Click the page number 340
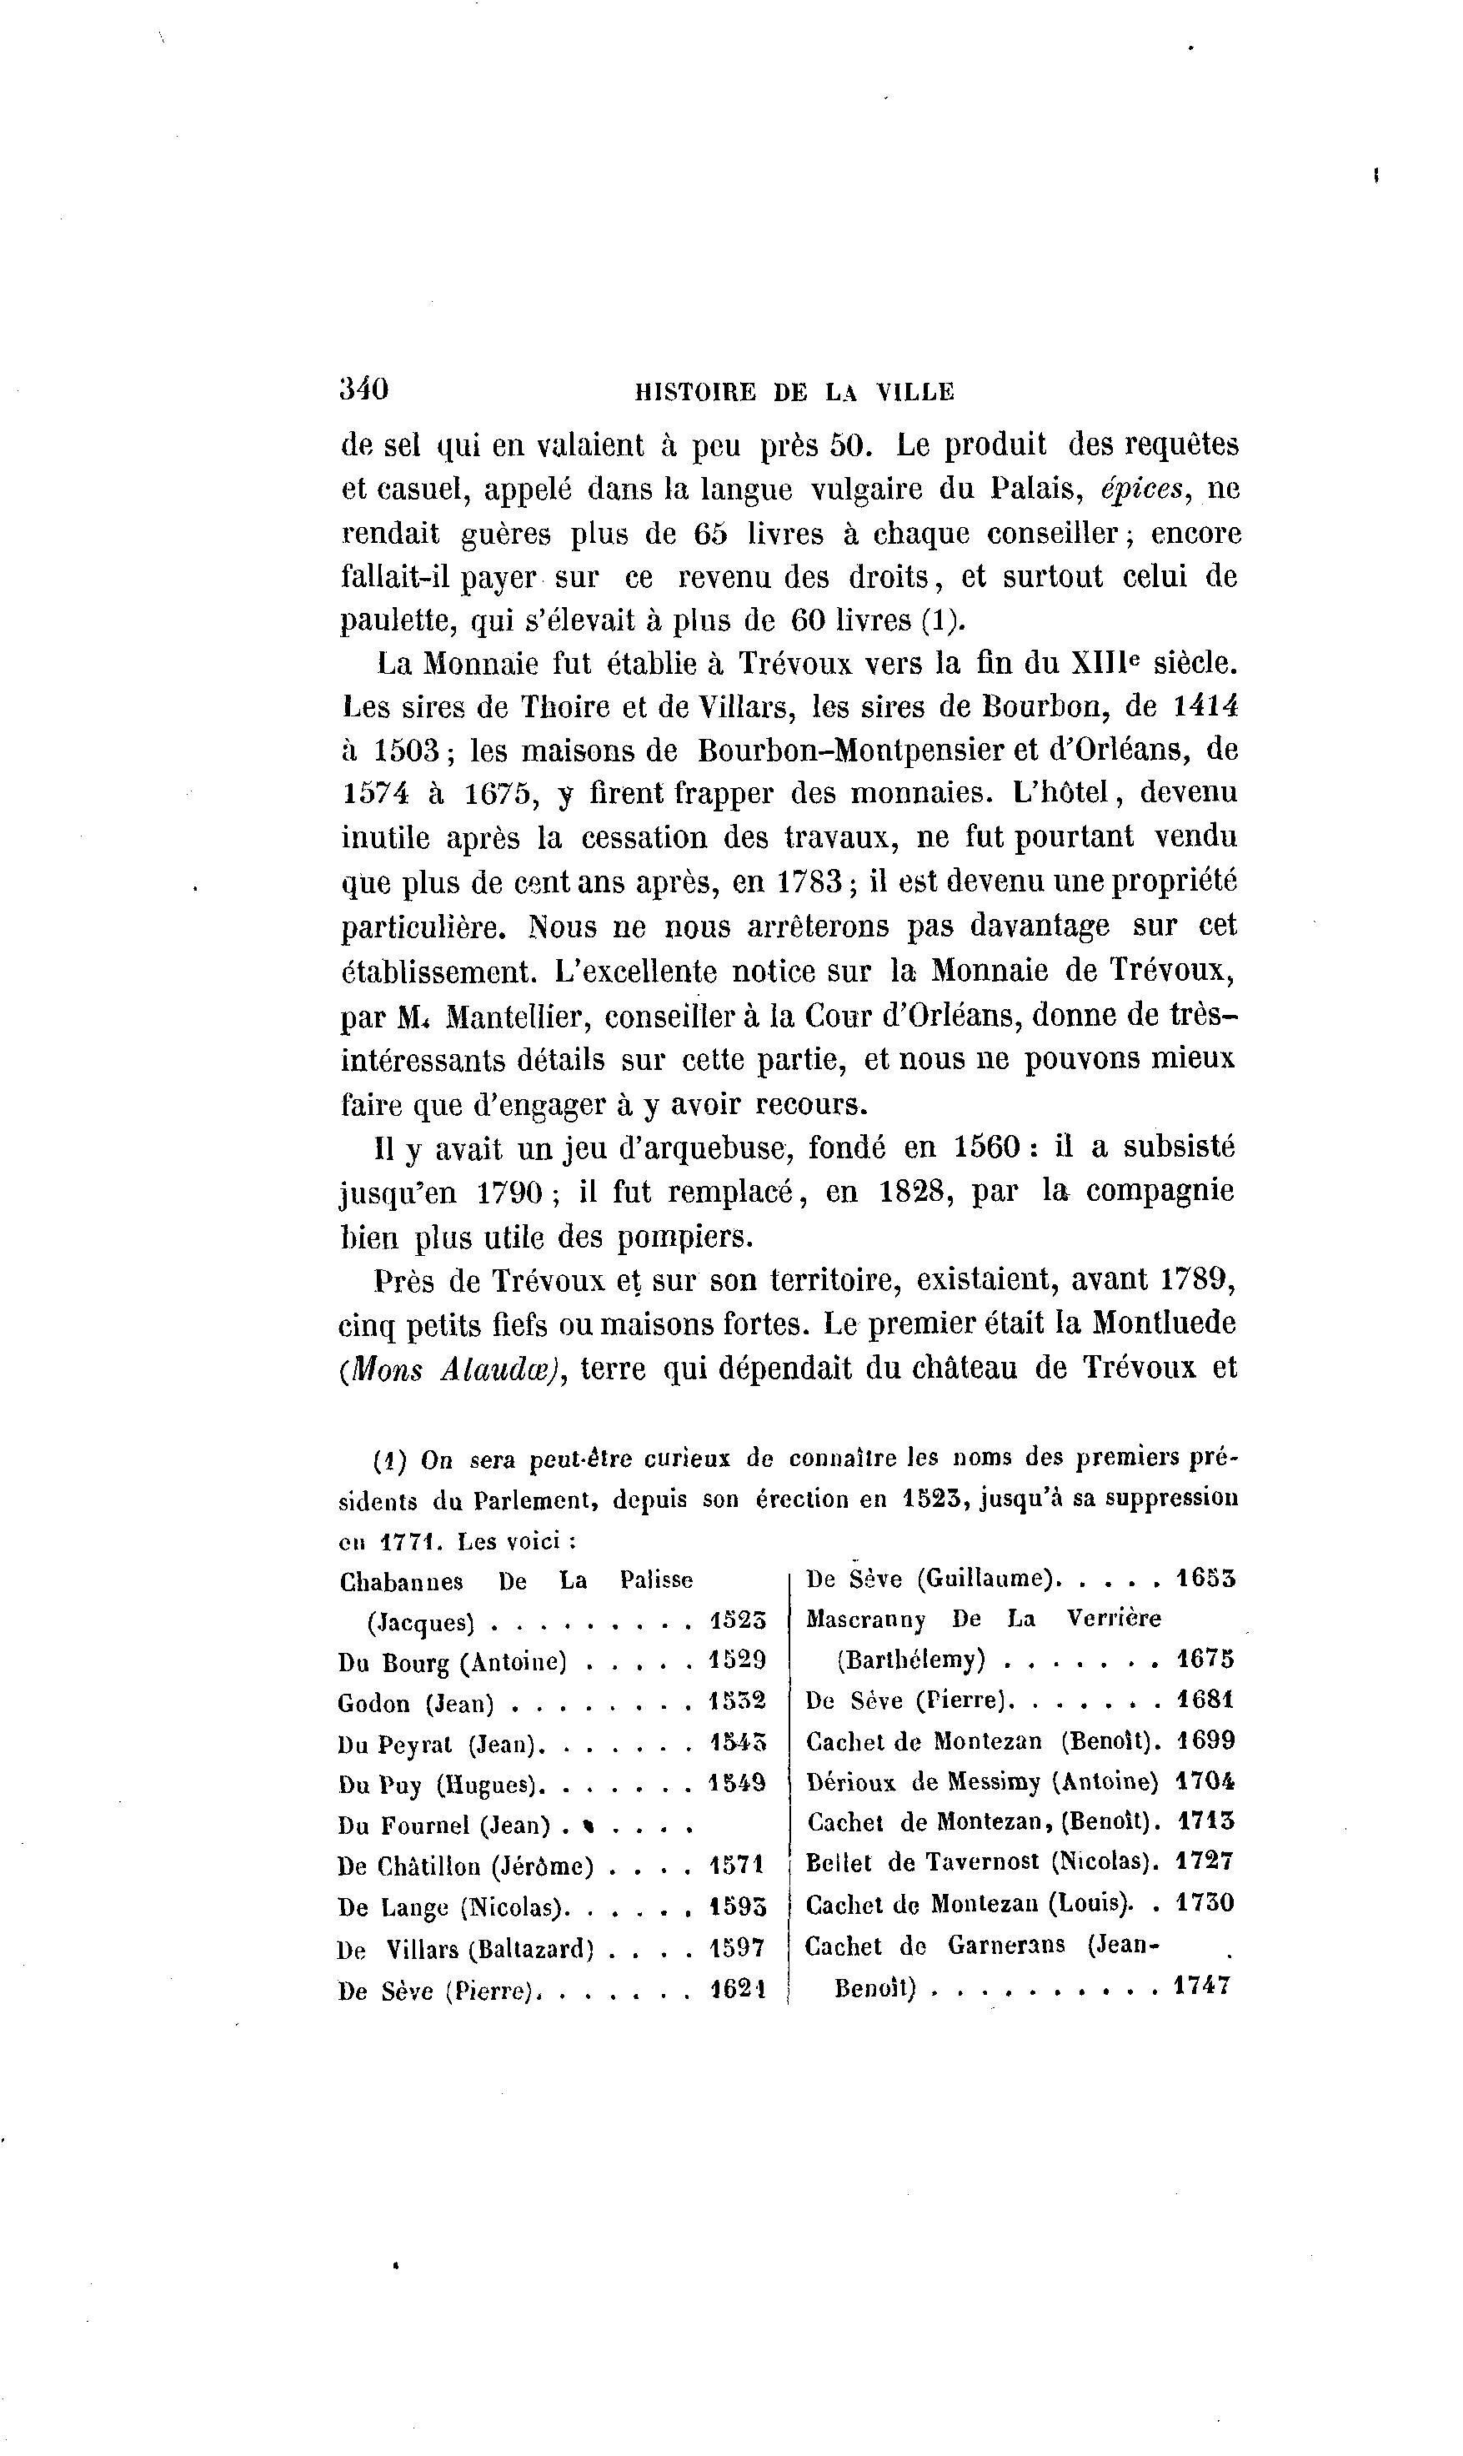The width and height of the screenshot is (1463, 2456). tap(363, 389)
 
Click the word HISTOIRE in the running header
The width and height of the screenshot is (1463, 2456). tap(694, 393)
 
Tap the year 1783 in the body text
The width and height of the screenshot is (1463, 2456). tap(809, 881)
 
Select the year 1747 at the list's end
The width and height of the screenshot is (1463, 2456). tap(1203, 1986)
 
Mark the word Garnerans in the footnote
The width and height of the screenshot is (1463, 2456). tap(1006, 1946)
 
